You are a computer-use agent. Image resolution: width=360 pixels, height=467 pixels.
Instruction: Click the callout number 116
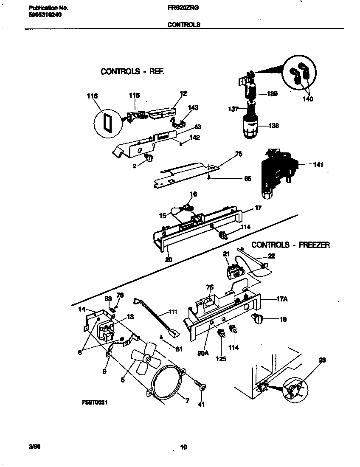tap(92, 96)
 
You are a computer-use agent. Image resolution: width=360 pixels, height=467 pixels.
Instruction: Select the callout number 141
tap(317, 165)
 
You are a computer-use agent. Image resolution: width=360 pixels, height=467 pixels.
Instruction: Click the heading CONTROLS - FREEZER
tap(290, 245)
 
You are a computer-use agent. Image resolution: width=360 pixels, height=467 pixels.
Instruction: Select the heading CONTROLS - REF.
tap(132, 71)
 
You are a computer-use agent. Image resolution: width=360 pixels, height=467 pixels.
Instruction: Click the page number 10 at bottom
tap(183, 447)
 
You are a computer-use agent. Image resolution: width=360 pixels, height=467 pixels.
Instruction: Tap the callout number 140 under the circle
tap(308, 99)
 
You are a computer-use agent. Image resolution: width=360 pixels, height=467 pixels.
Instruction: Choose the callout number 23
tap(322, 360)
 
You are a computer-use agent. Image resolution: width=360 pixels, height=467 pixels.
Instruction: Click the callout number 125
tap(220, 359)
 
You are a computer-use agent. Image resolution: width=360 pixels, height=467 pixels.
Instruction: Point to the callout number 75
tap(239, 155)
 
